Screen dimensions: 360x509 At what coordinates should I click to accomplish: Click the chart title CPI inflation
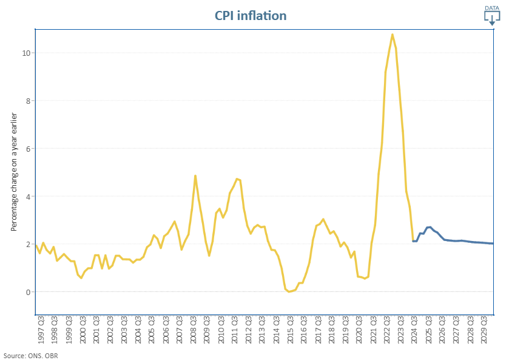point(250,15)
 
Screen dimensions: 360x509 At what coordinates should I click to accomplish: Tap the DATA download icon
point(491,15)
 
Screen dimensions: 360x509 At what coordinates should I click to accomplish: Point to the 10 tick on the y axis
point(27,53)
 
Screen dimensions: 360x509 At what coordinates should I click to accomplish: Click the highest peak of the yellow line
point(393,35)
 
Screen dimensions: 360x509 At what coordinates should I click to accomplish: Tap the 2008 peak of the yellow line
point(195,176)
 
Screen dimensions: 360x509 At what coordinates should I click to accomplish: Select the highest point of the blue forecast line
point(430,227)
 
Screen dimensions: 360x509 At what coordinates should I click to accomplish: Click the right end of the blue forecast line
point(492,243)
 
